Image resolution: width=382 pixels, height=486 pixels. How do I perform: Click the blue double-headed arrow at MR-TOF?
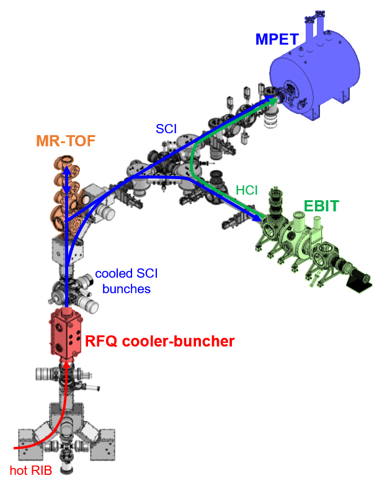[66, 183]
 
